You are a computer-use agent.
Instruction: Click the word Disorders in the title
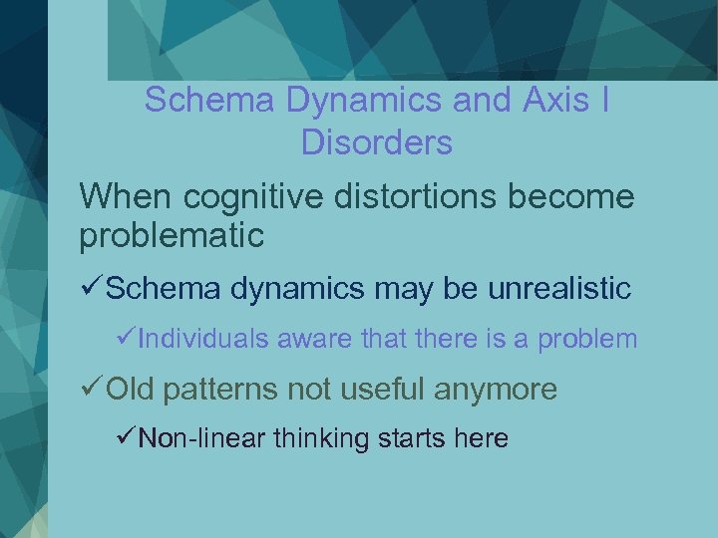pyautogui.click(x=376, y=142)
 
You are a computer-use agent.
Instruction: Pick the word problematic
pyautogui.click(x=172, y=236)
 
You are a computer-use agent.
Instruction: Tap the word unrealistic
pyautogui.click(x=559, y=289)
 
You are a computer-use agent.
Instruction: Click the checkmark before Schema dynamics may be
pyautogui.click(x=91, y=289)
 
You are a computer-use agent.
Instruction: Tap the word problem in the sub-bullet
pyautogui.click(x=587, y=339)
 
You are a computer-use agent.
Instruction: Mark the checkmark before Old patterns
pyautogui.click(x=91, y=389)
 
